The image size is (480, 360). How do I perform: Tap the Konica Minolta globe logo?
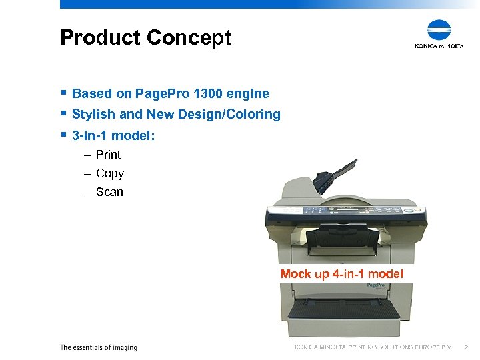coord(439,30)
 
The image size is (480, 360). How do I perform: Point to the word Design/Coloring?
coord(237,115)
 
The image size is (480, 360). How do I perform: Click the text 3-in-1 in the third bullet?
coord(90,136)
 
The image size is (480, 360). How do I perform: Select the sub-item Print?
coord(108,155)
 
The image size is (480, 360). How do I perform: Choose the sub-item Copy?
coord(109,173)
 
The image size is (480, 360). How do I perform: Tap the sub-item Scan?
coord(109,192)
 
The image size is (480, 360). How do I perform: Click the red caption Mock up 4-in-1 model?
coord(341,274)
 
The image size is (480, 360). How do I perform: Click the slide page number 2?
coord(467,347)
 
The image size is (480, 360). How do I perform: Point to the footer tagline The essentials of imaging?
coord(98,347)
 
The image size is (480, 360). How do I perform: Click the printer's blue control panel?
coord(344,215)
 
